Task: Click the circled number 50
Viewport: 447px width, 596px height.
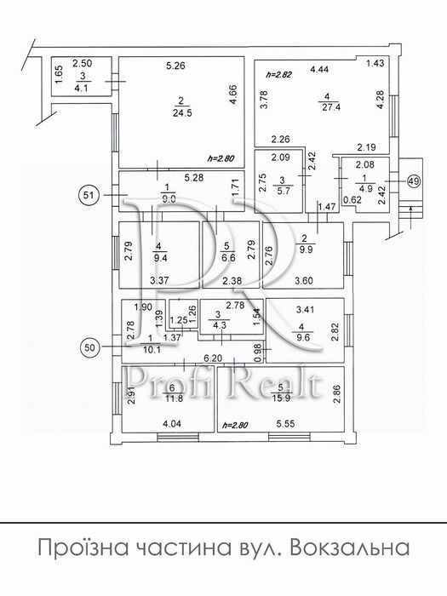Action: click(90, 347)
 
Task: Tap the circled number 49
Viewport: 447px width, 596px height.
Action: click(414, 181)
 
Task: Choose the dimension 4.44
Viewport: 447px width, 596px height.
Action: click(320, 67)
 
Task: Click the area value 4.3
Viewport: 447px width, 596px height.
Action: click(221, 324)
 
